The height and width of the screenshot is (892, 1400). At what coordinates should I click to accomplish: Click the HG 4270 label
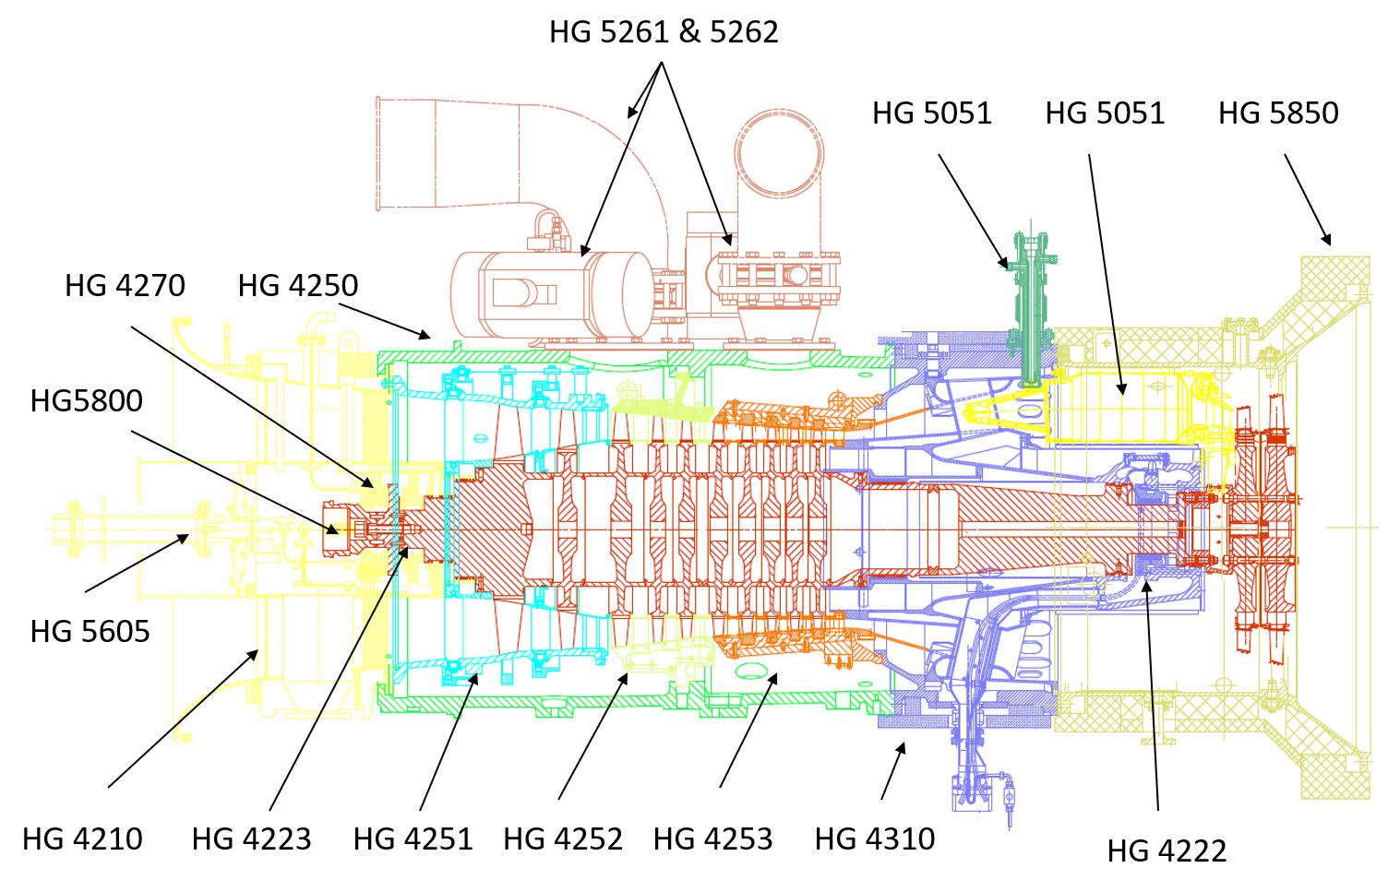coord(125,286)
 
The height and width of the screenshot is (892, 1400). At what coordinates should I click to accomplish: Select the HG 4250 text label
coord(297,286)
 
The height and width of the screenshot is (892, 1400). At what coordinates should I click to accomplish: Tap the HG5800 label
coord(90,401)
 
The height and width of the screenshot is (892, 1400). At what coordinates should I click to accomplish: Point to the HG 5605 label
coord(92,632)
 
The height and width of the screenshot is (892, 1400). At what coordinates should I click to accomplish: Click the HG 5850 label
coord(1278,113)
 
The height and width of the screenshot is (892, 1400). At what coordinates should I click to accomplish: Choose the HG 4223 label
coord(251,838)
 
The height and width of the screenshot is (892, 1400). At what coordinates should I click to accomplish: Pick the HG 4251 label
coord(413,838)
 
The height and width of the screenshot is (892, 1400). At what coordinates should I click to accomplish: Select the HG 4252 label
coord(563,838)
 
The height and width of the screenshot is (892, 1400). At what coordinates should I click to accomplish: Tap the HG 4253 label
coord(712,838)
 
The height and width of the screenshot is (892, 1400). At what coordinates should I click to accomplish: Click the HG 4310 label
coord(875,838)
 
